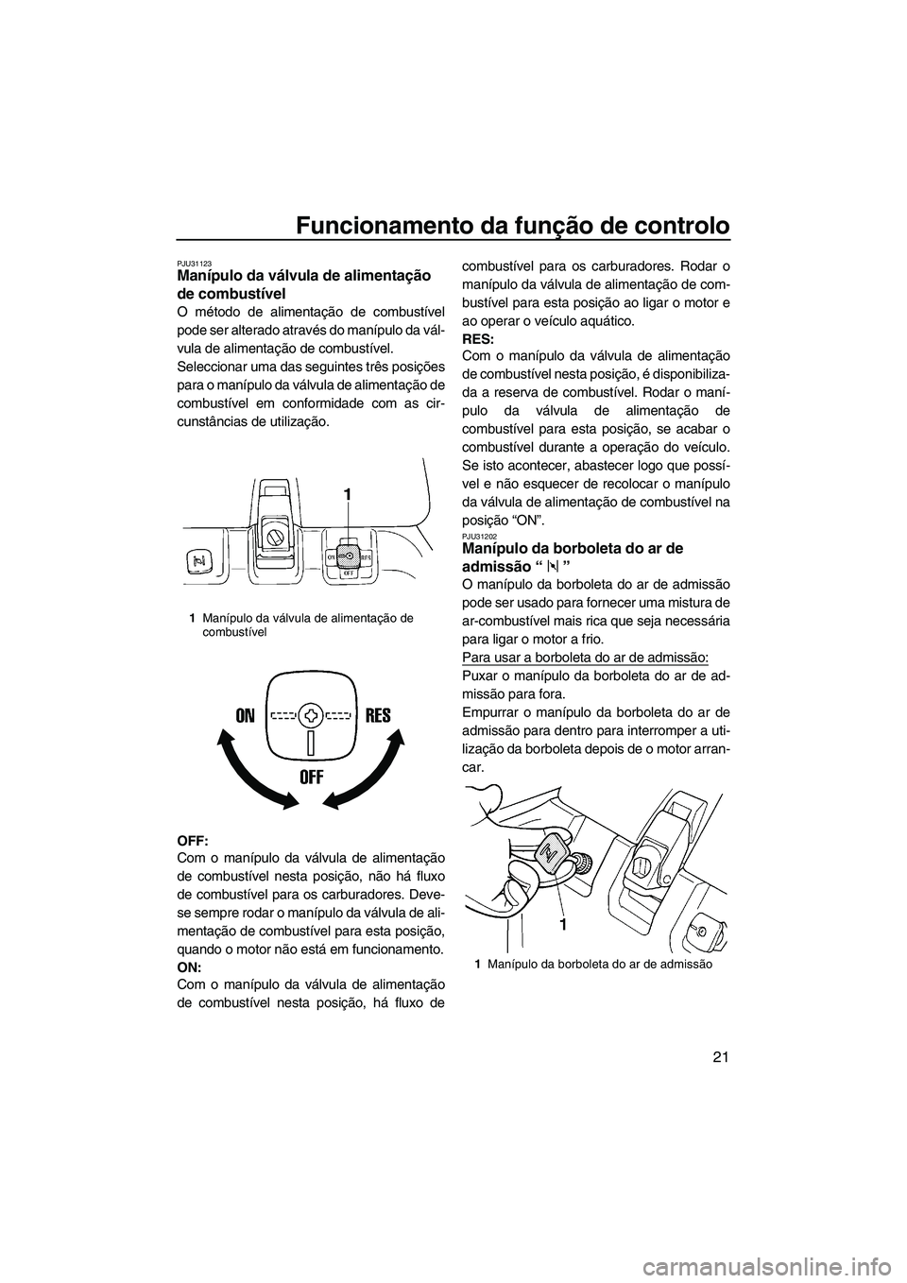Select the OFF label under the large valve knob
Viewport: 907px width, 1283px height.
[312, 778]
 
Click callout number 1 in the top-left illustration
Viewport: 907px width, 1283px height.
[347, 494]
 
